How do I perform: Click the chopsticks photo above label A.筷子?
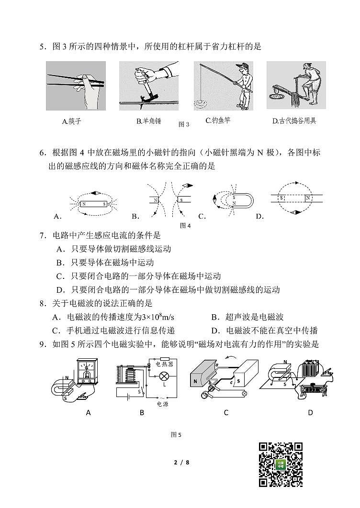(76, 86)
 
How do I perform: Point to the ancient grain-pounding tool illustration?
(295, 86)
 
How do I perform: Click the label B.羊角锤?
(149, 121)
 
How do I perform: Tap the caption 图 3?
(184, 124)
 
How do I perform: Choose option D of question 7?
(168, 290)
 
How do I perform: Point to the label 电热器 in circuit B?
(166, 364)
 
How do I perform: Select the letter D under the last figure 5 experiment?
(310, 412)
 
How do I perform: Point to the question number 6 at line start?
(43, 153)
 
